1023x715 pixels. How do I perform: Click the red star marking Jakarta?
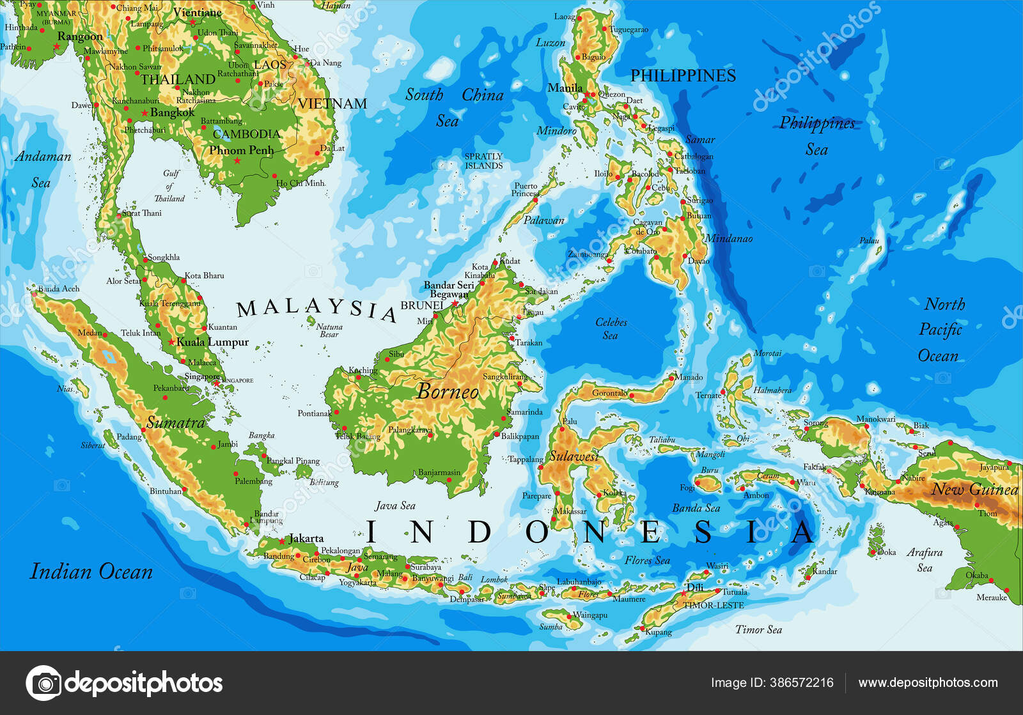(x=282, y=541)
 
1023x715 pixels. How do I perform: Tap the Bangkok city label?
(x=172, y=112)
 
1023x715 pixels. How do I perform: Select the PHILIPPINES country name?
(x=683, y=75)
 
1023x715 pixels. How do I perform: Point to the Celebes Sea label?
(x=611, y=328)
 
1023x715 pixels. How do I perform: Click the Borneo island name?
(x=448, y=391)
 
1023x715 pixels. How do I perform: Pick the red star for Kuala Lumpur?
(x=171, y=342)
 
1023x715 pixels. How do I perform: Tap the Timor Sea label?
(x=758, y=629)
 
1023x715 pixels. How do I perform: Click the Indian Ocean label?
(x=91, y=571)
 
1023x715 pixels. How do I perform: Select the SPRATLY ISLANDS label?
(x=483, y=161)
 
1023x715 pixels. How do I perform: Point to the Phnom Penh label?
(x=241, y=150)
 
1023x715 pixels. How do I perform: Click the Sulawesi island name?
(x=574, y=456)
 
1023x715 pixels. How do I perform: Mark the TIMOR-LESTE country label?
(x=713, y=605)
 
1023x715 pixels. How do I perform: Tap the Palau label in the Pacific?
(x=869, y=240)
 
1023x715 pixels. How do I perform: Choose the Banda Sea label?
(x=696, y=508)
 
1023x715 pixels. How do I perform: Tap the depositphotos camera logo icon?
(x=43, y=683)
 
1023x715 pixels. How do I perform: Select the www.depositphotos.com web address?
(x=928, y=682)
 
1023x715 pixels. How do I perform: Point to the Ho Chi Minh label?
(x=301, y=183)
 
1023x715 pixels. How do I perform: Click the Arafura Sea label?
(x=925, y=559)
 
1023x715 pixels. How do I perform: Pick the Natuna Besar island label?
(x=329, y=330)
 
